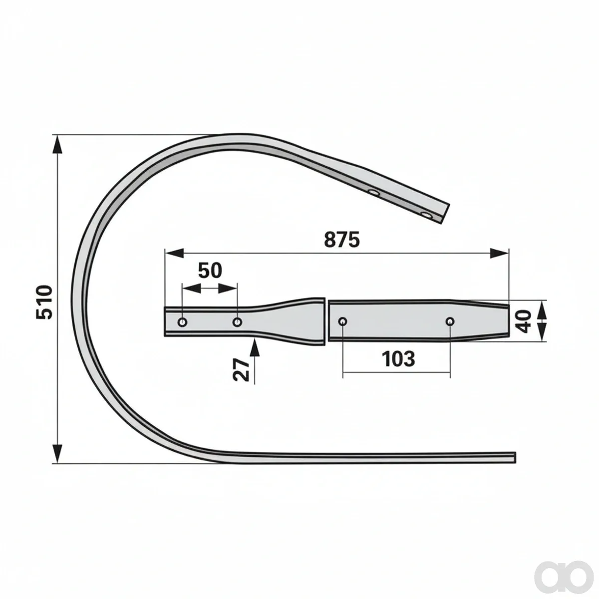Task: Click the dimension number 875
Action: (x=341, y=240)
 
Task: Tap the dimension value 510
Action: (x=44, y=301)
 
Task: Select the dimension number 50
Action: (x=210, y=271)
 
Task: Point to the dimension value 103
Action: (x=398, y=358)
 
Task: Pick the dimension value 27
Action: (x=241, y=370)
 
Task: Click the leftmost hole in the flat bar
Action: (x=183, y=322)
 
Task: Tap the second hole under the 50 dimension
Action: (x=237, y=322)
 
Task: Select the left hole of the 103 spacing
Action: (x=343, y=321)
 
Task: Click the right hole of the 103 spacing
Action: (x=450, y=321)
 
